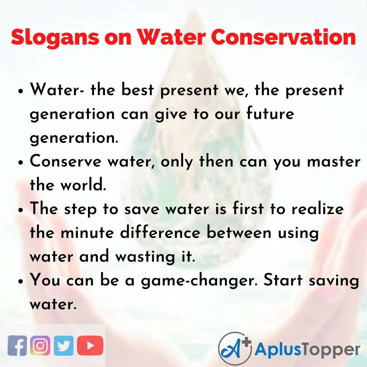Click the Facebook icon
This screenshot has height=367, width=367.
[17, 346]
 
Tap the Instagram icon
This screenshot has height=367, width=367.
[40, 346]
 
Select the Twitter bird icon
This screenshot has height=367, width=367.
[64, 346]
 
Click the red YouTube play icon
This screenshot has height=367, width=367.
[90, 346]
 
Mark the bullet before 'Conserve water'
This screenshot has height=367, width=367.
[21, 163]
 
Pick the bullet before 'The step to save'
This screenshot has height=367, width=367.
[21, 210]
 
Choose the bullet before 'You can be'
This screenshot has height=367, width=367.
[21, 282]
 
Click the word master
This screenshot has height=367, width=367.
[333, 162]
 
